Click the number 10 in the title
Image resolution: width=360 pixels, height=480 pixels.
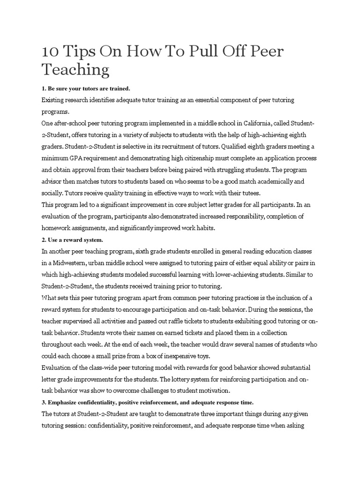[x=50, y=51]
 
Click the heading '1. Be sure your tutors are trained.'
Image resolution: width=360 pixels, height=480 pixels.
[x=86, y=88]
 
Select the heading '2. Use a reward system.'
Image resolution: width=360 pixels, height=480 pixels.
[x=72, y=240]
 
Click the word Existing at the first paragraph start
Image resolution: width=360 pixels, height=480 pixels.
[x=54, y=100]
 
